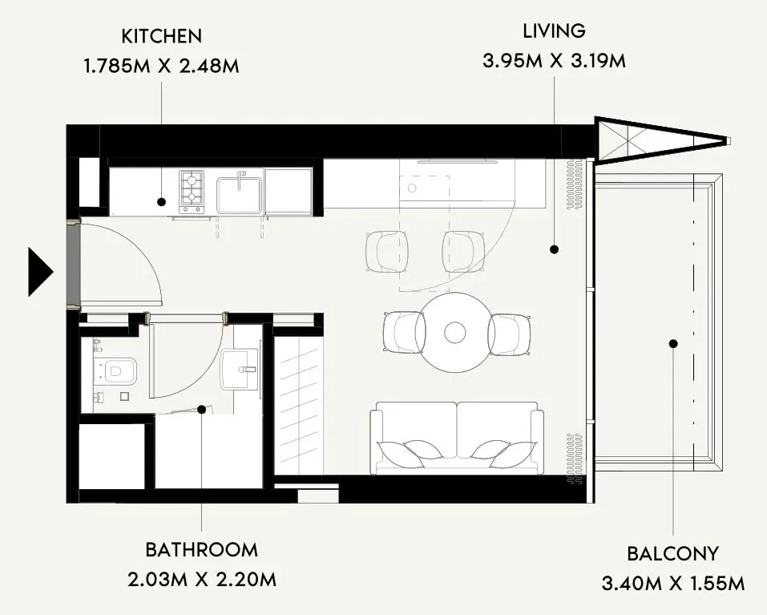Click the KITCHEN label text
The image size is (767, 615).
pyautogui.click(x=161, y=36)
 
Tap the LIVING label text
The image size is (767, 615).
pyautogui.click(x=555, y=30)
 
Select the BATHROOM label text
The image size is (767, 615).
pyautogui.click(x=201, y=550)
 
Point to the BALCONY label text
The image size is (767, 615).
pyautogui.click(x=672, y=554)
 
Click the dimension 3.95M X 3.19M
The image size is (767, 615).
pyautogui.click(x=555, y=61)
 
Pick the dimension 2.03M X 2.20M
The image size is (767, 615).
pyautogui.click(x=201, y=580)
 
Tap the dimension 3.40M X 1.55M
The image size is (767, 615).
pyautogui.click(x=673, y=584)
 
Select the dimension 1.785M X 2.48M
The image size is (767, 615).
pyautogui.click(x=162, y=66)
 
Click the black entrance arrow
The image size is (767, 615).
pyautogui.click(x=40, y=272)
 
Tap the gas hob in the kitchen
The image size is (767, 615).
pyautogui.click(x=192, y=192)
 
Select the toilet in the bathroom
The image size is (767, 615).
pyautogui.click(x=115, y=370)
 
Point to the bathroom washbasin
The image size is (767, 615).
pyautogui.click(x=239, y=370)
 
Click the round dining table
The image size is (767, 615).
pyautogui.click(x=455, y=333)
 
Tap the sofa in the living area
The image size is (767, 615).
pyautogui.click(x=457, y=438)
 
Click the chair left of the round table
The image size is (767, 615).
pyautogui.click(x=404, y=333)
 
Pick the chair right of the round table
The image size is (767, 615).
pyautogui.click(x=509, y=334)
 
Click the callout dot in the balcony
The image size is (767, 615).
pyautogui.click(x=673, y=344)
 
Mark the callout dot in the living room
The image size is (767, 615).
pyautogui.click(x=555, y=249)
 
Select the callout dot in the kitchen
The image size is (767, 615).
pyautogui.click(x=161, y=201)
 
